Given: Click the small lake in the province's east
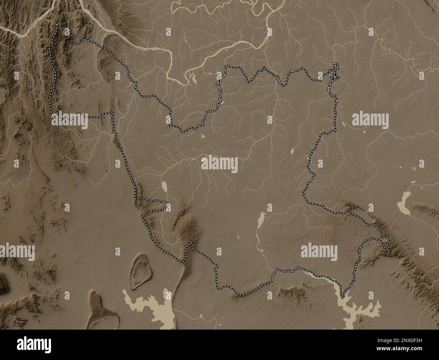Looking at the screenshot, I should (292, 152).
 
